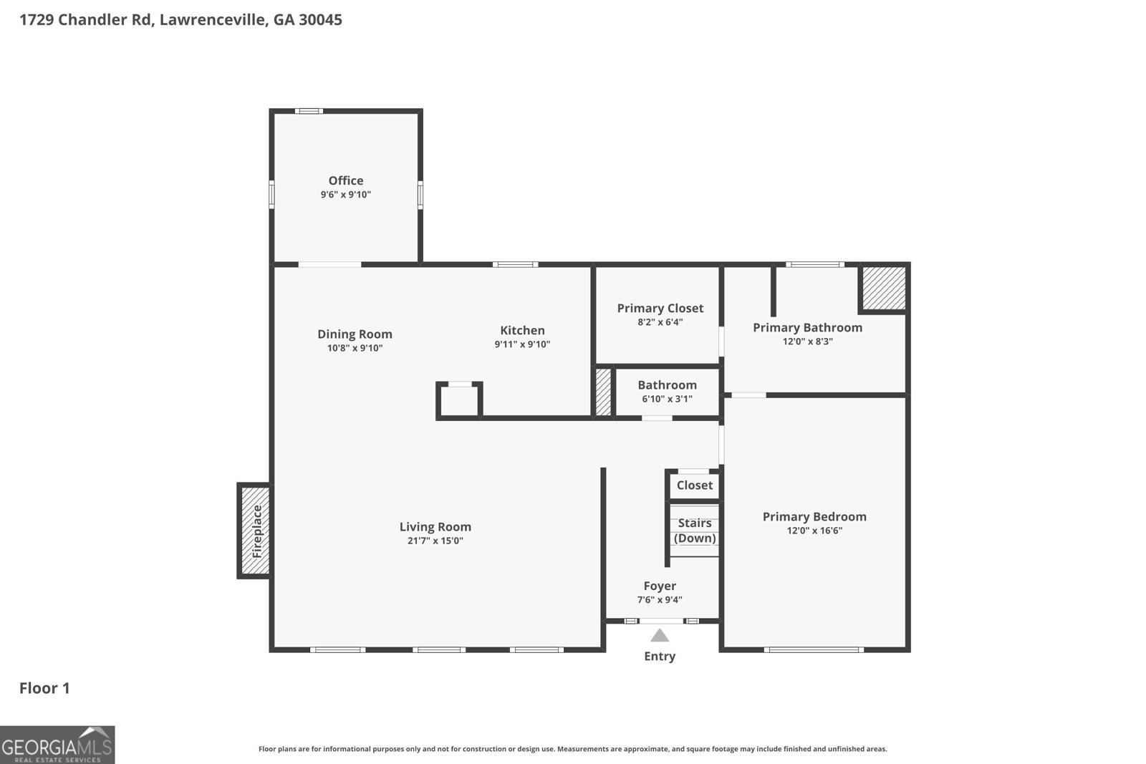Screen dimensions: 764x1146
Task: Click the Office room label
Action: tap(345, 180)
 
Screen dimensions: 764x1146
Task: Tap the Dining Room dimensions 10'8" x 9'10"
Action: tap(355, 348)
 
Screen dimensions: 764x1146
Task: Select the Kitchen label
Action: tap(522, 330)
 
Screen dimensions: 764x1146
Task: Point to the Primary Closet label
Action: tap(660, 308)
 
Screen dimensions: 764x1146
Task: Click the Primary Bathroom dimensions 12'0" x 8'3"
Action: tap(807, 342)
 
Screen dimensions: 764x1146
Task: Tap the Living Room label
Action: tap(435, 526)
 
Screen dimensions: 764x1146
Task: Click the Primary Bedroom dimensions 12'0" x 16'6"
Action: tap(814, 531)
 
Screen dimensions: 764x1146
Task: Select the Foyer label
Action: tap(659, 586)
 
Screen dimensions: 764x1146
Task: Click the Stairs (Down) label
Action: tap(694, 531)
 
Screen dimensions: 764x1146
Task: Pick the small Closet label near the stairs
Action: tap(694, 485)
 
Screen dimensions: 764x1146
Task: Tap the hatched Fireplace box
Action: tap(255, 531)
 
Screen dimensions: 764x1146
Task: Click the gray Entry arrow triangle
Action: tap(660, 635)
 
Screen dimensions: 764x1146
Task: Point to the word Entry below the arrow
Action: tap(659, 656)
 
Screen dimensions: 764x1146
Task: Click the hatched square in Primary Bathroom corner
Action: tap(883, 288)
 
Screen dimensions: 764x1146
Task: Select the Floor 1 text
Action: tap(44, 688)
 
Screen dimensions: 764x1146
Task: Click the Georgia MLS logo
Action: tap(57, 745)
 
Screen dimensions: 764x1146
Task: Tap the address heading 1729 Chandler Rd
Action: tap(180, 19)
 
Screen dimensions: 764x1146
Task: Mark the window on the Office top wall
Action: tap(309, 111)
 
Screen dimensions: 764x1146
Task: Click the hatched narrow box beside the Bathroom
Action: tap(603, 392)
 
